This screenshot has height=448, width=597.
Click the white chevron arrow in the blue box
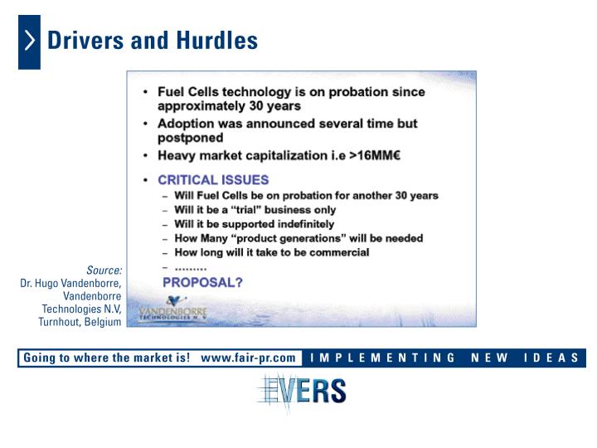coord(30,41)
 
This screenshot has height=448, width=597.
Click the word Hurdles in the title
coord(217,41)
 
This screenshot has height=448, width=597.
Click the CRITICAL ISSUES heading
coord(213,180)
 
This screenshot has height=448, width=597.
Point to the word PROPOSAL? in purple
coord(202,282)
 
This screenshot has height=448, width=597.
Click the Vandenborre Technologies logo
coord(172,308)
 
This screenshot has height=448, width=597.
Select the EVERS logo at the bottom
coord(302,392)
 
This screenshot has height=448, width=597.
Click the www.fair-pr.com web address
coord(248,358)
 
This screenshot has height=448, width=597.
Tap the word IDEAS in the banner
coord(551,358)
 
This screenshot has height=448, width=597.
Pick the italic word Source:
coord(104,270)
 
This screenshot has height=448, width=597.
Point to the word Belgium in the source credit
coord(103,322)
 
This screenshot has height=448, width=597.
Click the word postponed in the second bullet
coord(191,138)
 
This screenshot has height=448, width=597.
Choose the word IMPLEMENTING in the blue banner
coord(382,358)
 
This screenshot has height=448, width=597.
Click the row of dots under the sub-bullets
coord(191,270)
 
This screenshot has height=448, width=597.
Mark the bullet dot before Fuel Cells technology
coord(145,92)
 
